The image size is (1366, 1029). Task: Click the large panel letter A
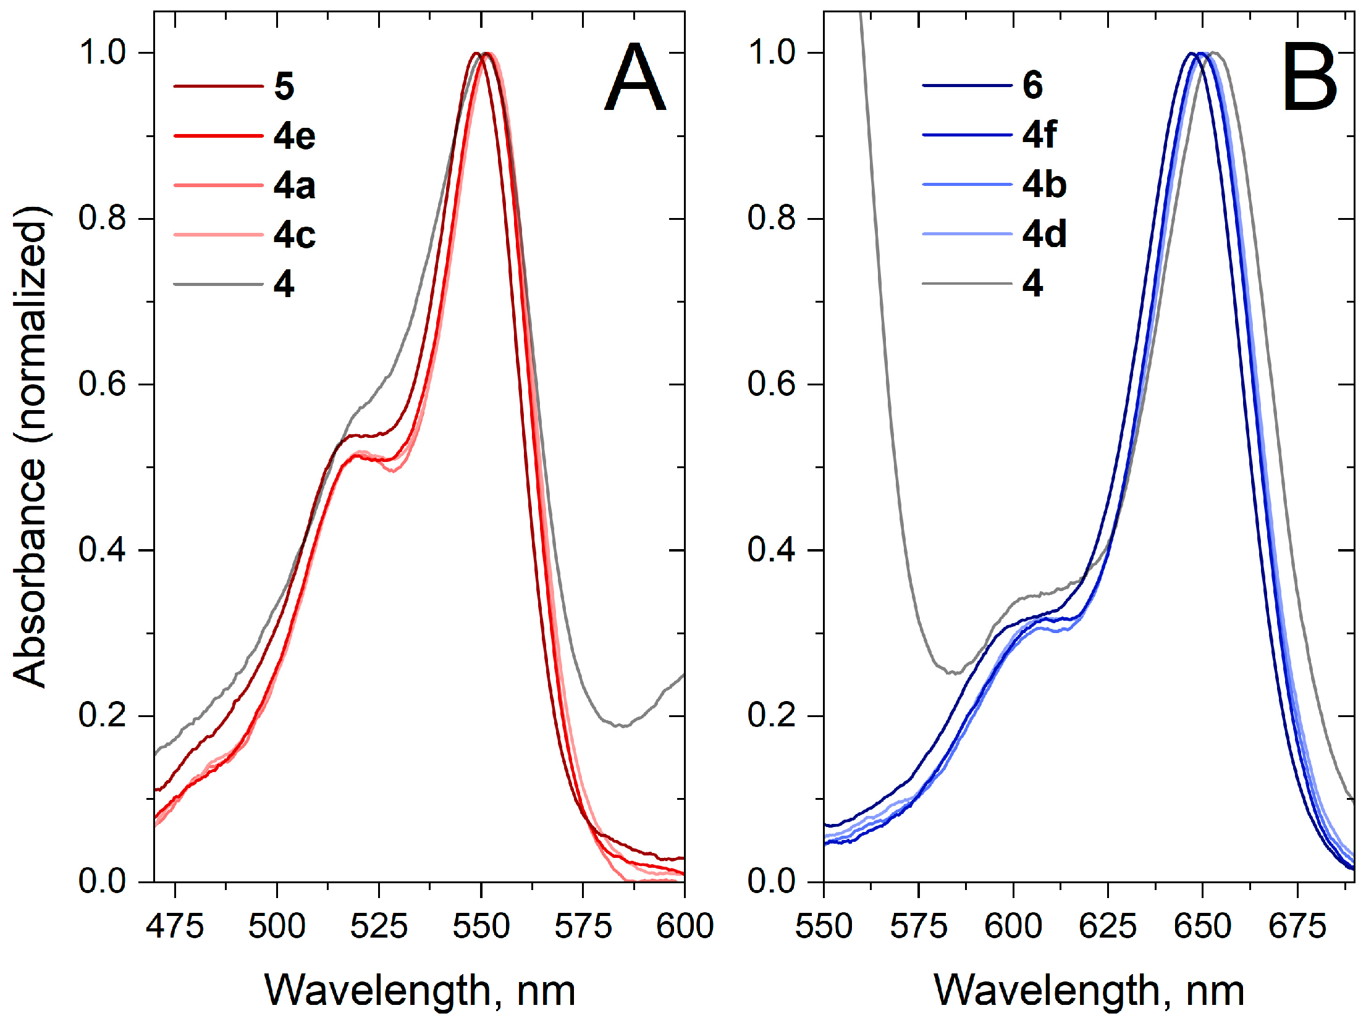click(635, 78)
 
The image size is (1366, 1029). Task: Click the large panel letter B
click(1309, 78)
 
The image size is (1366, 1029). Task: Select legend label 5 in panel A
click(284, 86)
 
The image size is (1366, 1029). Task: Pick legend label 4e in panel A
click(294, 136)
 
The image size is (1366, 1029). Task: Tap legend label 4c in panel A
click(294, 235)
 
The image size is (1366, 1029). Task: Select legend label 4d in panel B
click(1044, 234)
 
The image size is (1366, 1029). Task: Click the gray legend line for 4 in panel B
click(967, 283)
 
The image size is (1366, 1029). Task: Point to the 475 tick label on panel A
click(175, 926)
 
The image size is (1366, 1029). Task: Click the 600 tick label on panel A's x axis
click(685, 926)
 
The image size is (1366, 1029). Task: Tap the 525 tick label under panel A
click(379, 926)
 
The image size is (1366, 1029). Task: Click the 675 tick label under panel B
click(1297, 926)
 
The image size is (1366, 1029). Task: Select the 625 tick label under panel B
click(1108, 926)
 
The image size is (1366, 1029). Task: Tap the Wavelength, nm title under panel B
click(1089, 991)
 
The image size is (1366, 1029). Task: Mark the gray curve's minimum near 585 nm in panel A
click(620, 726)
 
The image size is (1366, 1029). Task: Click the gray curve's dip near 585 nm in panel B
click(955, 673)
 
